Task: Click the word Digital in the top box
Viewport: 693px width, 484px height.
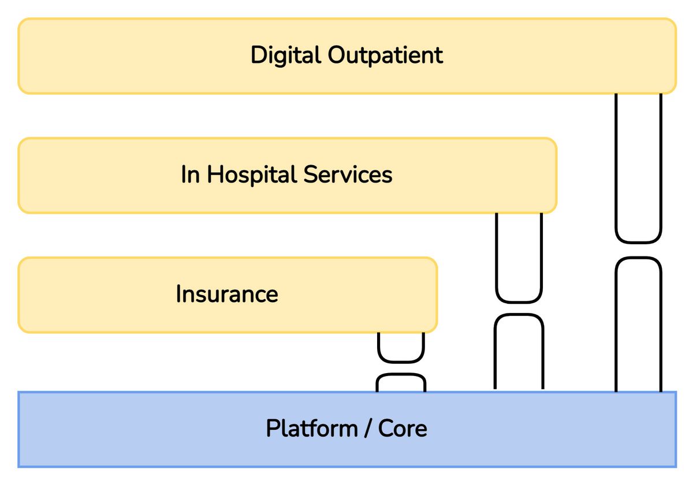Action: pos(285,55)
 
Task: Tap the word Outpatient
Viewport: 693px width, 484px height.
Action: pos(386,55)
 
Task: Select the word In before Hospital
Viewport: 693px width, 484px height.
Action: pos(190,174)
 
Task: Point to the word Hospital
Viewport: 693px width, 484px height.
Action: pos(251,176)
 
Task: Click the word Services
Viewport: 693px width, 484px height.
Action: pos(348,174)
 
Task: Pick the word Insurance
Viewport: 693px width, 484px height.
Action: pos(227,294)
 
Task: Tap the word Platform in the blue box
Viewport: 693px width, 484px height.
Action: pos(312,429)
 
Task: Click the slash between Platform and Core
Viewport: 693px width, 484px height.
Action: pos(368,429)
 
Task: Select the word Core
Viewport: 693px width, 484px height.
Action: pos(403,429)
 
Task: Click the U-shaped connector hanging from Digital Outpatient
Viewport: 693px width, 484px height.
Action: pos(639,243)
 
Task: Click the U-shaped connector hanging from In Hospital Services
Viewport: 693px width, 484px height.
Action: pos(519,301)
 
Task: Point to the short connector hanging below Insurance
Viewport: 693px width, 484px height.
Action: pos(401,362)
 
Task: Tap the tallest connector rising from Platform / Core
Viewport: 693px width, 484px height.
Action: pos(639,258)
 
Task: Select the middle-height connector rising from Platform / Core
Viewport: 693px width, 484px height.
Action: pos(519,315)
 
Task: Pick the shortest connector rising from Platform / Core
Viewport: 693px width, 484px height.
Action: pos(401,375)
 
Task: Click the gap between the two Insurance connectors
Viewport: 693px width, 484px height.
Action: pos(401,368)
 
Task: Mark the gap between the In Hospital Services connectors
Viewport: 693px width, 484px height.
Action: pos(519,308)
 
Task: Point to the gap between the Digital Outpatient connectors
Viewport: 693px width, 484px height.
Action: pos(639,250)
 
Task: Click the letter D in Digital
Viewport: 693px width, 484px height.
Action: pos(259,55)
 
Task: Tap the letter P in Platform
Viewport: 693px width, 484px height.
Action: pos(273,429)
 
